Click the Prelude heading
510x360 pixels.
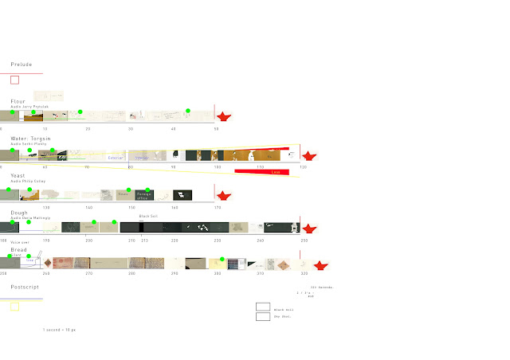[x=22, y=65]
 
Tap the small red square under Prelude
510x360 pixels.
[x=14, y=80]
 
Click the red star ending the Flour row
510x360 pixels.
[x=224, y=117]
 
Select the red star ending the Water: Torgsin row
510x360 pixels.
[x=309, y=155]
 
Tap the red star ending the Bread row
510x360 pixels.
[x=320, y=264]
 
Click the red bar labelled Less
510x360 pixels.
[x=276, y=171]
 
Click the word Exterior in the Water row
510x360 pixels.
[x=116, y=158]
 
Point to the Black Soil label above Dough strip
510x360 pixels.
[x=148, y=217]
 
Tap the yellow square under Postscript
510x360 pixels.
[x=14, y=307]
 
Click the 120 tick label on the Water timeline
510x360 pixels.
[x=302, y=167]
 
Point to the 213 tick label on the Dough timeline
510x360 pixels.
[x=144, y=240]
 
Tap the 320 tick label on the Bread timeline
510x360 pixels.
[x=304, y=273]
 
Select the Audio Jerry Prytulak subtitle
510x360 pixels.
[x=29, y=106]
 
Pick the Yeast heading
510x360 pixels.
[x=18, y=175]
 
